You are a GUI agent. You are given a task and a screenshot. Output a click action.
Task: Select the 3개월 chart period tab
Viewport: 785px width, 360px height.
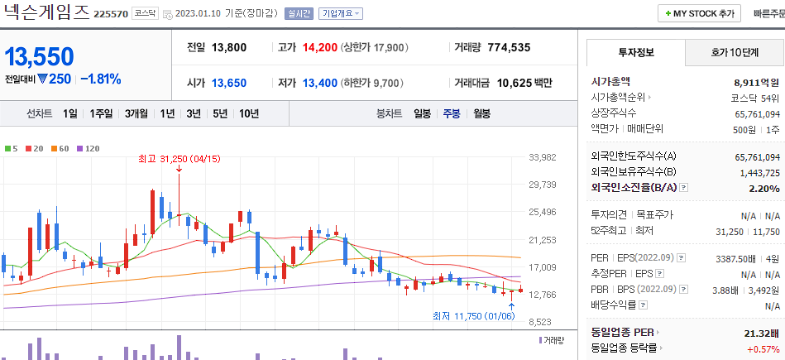coord(136,113)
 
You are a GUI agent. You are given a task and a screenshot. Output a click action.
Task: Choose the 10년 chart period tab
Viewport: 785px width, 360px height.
coord(249,113)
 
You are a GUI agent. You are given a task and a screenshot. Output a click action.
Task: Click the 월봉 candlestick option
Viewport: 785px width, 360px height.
coord(481,113)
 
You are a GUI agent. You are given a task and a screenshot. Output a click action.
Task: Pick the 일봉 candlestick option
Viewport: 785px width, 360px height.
coord(422,113)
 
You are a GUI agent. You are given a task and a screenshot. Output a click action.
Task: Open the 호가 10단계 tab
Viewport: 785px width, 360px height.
coord(735,52)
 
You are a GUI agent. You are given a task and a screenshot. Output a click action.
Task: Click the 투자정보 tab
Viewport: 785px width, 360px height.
coord(635,52)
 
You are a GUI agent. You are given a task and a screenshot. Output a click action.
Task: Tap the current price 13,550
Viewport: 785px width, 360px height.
coord(40,56)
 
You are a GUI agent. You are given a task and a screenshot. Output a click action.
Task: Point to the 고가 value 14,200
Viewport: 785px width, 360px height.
coord(319,47)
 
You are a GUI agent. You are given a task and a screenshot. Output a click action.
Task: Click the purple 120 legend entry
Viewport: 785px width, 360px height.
coord(88,148)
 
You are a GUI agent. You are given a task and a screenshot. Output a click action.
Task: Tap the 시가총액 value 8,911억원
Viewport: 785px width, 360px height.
coord(756,82)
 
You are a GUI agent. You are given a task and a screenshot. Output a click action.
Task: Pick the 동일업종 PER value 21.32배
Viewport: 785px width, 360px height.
coord(762,333)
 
